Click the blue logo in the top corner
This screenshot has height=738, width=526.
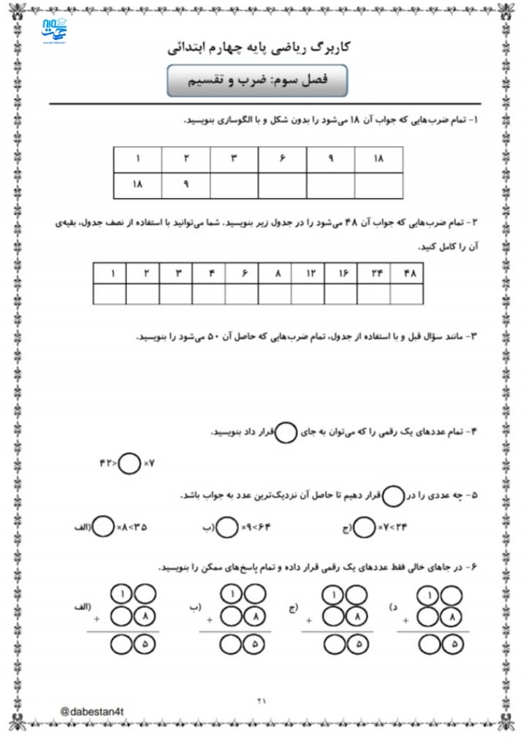point(55,33)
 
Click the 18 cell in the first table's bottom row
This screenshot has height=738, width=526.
point(137,185)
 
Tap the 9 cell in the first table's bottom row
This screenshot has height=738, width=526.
point(186,185)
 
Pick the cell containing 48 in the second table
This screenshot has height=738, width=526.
point(407,273)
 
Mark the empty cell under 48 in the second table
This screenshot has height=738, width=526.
point(407,294)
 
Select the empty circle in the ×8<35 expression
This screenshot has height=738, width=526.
point(104,527)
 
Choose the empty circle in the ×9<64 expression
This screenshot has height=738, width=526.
point(229,527)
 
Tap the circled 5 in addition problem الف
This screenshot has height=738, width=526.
point(144,644)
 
